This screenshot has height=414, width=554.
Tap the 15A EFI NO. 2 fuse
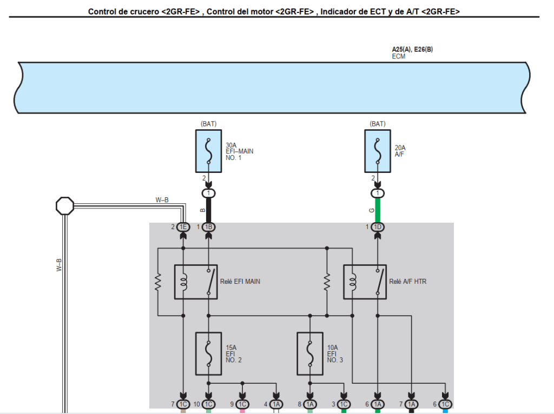click(x=208, y=353)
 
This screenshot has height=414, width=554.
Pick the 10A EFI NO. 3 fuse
click(x=310, y=353)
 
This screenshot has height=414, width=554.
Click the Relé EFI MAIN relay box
click(x=196, y=282)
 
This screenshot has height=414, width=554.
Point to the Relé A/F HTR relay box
click(x=365, y=282)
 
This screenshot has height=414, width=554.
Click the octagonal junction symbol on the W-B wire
click(x=64, y=205)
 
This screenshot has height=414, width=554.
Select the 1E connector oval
click(x=183, y=227)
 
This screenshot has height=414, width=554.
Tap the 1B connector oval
click(x=209, y=227)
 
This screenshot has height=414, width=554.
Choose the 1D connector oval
click(x=378, y=227)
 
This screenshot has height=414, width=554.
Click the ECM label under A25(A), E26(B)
click(x=398, y=56)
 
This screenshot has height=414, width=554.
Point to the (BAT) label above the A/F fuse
click(x=378, y=124)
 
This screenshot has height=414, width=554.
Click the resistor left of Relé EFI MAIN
click(x=157, y=282)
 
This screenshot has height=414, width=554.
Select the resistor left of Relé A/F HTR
click(x=327, y=282)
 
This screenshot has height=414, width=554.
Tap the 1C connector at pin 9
click(x=242, y=404)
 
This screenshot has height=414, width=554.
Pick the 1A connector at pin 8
click(x=310, y=404)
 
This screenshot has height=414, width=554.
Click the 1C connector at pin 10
click(x=209, y=404)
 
